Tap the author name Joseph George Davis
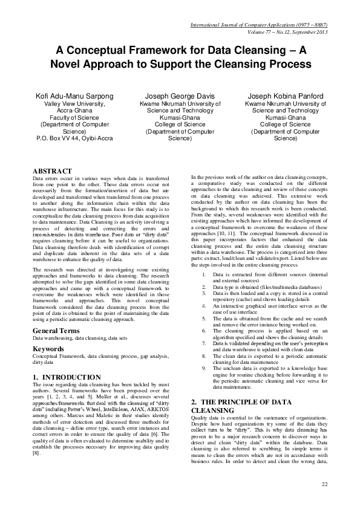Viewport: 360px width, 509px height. coord(179,97)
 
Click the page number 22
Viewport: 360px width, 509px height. coord(325,484)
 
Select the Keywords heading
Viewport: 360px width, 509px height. coord(49,349)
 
